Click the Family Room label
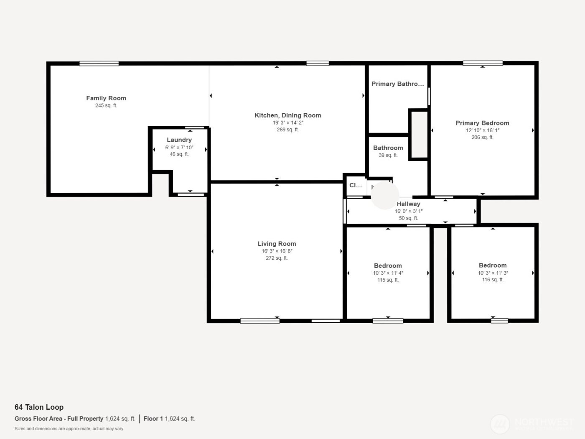click(x=106, y=98)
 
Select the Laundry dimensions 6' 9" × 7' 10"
click(x=179, y=148)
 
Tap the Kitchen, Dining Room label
click(x=287, y=115)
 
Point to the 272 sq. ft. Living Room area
click(x=277, y=258)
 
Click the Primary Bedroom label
click(x=482, y=123)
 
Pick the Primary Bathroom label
click(x=397, y=84)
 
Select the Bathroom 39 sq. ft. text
click(x=388, y=156)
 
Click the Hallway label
click(x=408, y=204)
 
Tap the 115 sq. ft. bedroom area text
click(x=388, y=280)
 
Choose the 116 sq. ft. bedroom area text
click(x=493, y=280)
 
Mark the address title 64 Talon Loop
click(x=39, y=407)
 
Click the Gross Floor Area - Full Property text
click(x=59, y=419)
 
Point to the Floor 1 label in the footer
click(x=153, y=419)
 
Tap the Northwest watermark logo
click(x=500, y=424)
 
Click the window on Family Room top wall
click(x=99, y=64)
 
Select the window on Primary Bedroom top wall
click(x=482, y=63)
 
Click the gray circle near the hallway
click(x=385, y=195)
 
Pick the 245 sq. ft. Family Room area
click(x=106, y=106)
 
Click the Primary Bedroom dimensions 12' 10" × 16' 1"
click(x=482, y=130)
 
